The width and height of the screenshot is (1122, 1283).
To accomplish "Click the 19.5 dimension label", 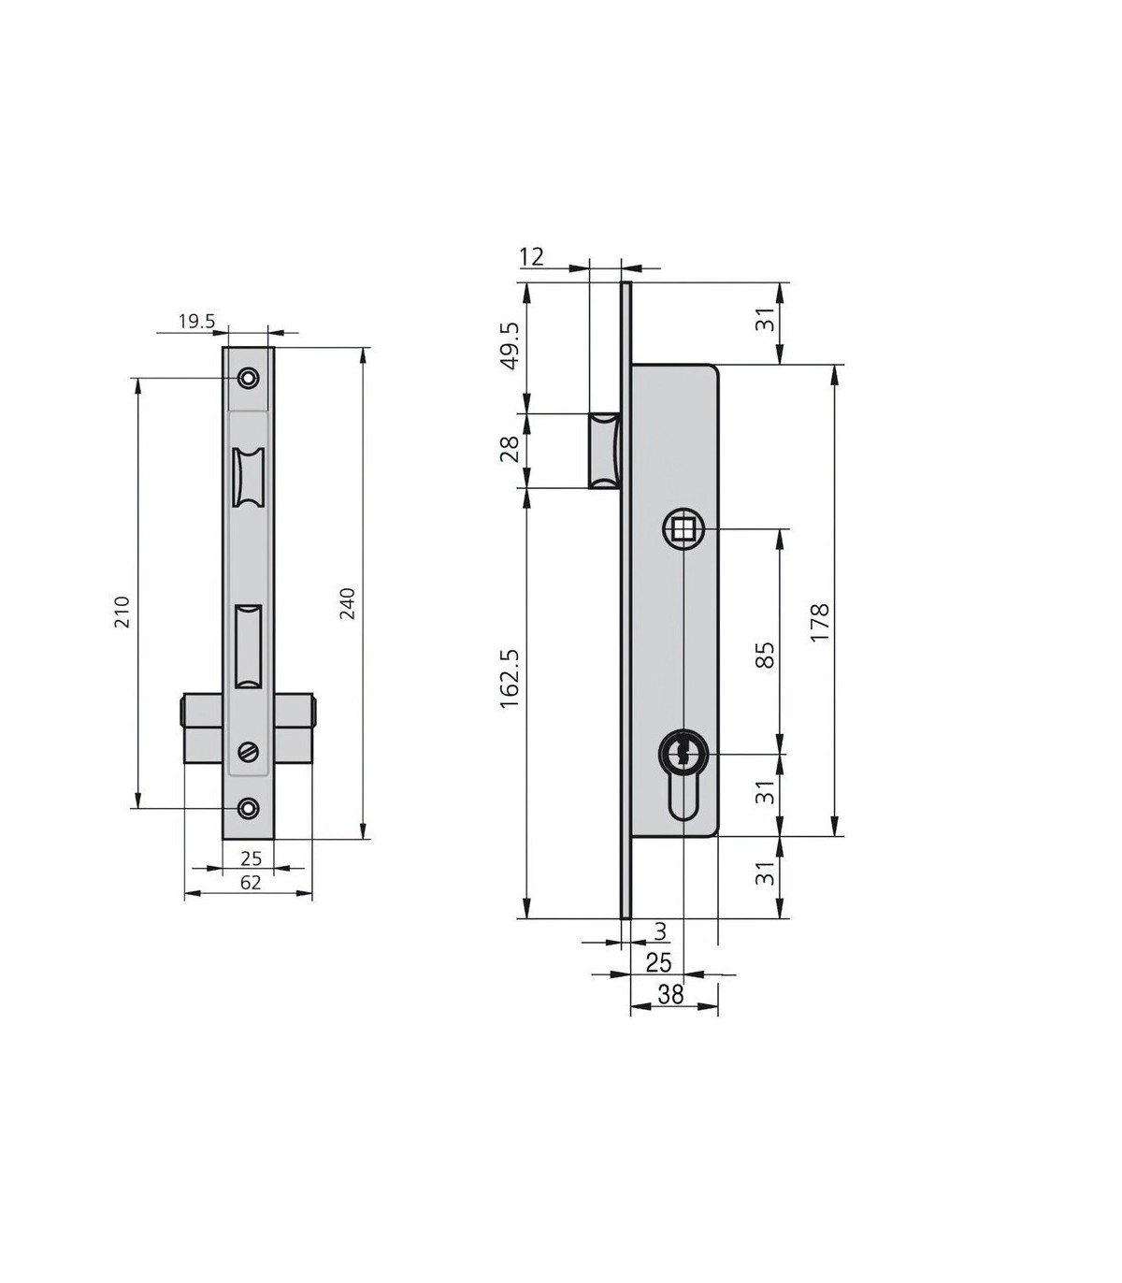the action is [197, 322].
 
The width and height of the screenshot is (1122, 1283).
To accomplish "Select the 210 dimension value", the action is [122, 612].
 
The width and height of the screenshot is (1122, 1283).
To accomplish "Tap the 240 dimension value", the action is [347, 604].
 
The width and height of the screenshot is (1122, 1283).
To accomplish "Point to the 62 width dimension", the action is [251, 883].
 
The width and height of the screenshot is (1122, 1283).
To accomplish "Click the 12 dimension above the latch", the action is [531, 256].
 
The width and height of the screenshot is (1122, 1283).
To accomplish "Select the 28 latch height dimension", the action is [510, 449].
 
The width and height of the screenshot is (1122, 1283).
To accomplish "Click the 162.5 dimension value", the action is [510, 679].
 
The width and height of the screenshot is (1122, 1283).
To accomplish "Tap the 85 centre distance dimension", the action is [766, 656].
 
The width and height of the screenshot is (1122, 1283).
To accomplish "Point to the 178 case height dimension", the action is [820, 622].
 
